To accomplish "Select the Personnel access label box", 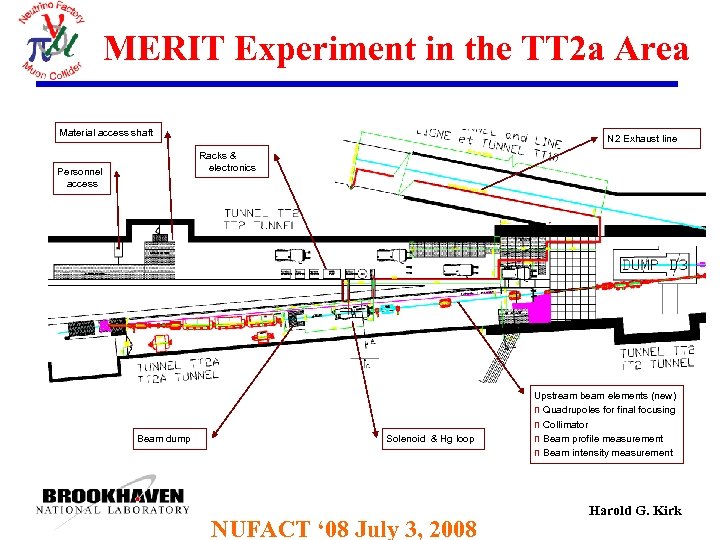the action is [82, 177].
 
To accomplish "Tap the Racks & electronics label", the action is [226, 161].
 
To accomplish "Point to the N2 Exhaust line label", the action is [641, 138].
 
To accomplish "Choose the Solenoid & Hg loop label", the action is [430, 438].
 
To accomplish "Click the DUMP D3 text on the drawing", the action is [654, 265].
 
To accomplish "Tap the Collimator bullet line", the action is [565, 424].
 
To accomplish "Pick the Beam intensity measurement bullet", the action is [607, 453].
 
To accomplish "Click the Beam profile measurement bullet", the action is [602, 438].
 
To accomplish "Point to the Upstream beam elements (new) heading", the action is [604, 396].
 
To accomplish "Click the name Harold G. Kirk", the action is [635, 511].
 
